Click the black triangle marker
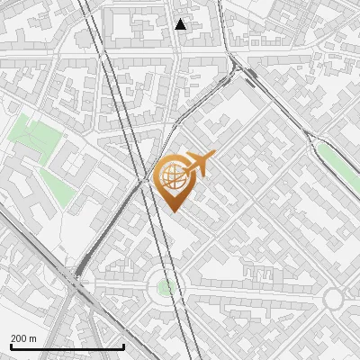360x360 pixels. click(x=181, y=24)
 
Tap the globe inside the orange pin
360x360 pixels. click(x=172, y=177)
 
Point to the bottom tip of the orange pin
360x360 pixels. click(x=173, y=211)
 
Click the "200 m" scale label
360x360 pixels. click(x=23, y=338)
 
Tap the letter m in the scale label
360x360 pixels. click(x=33, y=338)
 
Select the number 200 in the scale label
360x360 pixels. click(x=19, y=338)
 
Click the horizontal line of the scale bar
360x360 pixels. click(x=67, y=346)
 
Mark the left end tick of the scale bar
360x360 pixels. click(x=10, y=345)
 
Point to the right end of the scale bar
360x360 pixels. click(x=123, y=345)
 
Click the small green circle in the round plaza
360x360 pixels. click(x=165, y=287)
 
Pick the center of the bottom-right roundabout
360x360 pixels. click(x=334, y=299)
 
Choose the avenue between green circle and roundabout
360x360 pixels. click(x=252, y=293)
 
